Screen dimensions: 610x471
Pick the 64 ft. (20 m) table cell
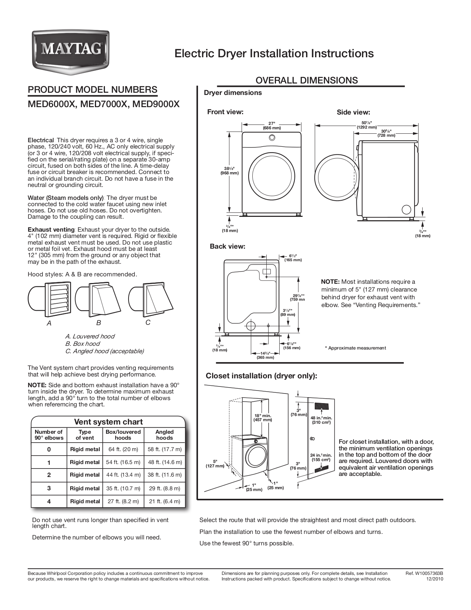click(x=123, y=449)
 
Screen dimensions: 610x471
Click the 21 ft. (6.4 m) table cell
click(x=164, y=501)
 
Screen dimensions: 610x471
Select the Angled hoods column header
click(x=164, y=435)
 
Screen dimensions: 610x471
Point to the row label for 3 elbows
click(x=49, y=488)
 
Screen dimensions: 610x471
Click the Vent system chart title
click(x=108, y=422)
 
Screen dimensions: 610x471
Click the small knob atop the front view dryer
click(x=272, y=138)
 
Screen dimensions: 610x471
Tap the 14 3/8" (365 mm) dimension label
click(x=265, y=355)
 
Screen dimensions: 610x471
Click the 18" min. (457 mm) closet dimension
click(x=263, y=418)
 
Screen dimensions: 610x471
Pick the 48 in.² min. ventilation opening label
click(x=321, y=420)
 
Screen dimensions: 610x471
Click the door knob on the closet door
click(x=312, y=439)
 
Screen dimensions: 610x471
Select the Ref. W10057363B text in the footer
click(x=424, y=573)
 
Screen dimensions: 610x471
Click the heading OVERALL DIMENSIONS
click(x=307, y=80)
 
